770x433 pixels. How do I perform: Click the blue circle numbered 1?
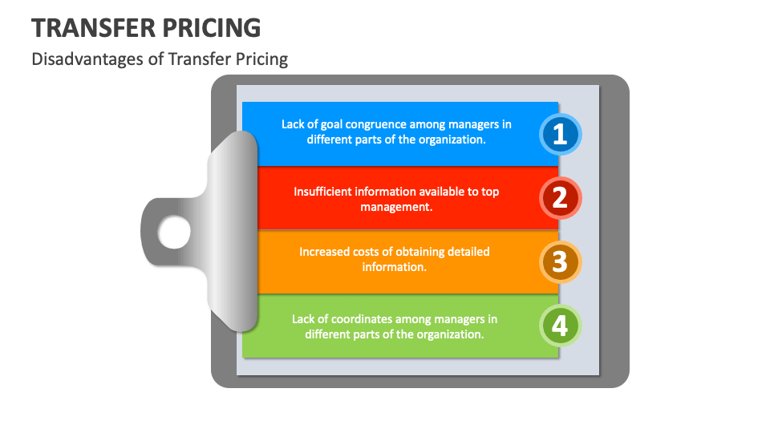point(560,134)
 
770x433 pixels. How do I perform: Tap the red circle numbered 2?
point(560,197)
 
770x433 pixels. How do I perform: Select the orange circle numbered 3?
point(560,261)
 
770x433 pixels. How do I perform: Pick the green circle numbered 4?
point(560,326)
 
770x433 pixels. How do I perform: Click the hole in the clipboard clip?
point(174,233)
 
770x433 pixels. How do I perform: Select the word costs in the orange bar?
point(367,252)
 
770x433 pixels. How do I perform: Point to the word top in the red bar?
point(490,192)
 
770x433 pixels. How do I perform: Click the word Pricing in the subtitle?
point(261,59)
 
